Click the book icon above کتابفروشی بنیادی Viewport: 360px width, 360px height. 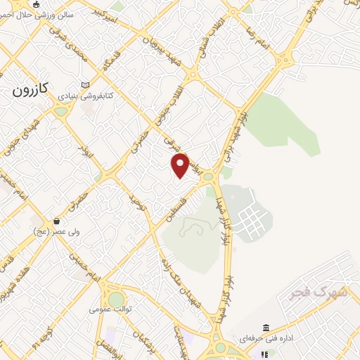coord(86,83)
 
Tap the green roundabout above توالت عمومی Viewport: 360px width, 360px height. coord(116,300)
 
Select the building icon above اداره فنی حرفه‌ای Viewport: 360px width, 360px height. coord(266,328)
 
